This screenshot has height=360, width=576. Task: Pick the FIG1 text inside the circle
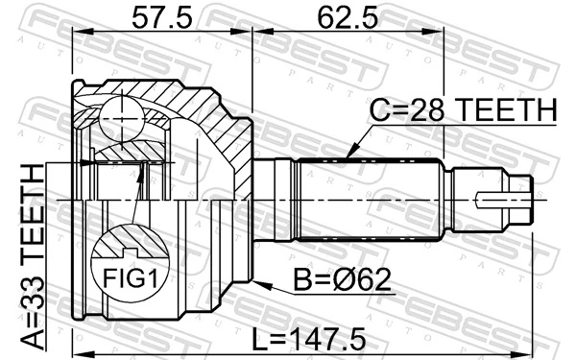point(130,278)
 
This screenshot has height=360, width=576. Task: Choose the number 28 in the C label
point(430,112)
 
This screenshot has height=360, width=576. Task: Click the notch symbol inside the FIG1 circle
point(130,253)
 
